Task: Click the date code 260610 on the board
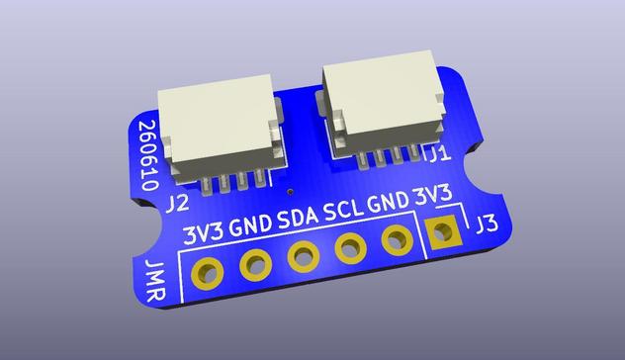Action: (x=148, y=156)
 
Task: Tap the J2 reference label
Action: (x=177, y=205)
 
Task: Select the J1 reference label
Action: (x=439, y=154)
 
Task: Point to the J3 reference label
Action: (x=487, y=225)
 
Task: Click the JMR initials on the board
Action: (x=155, y=281)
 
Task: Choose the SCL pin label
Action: (x=343, y=211)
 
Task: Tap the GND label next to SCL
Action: (x=388, y=203)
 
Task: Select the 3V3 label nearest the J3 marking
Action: (x=432, y=196)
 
